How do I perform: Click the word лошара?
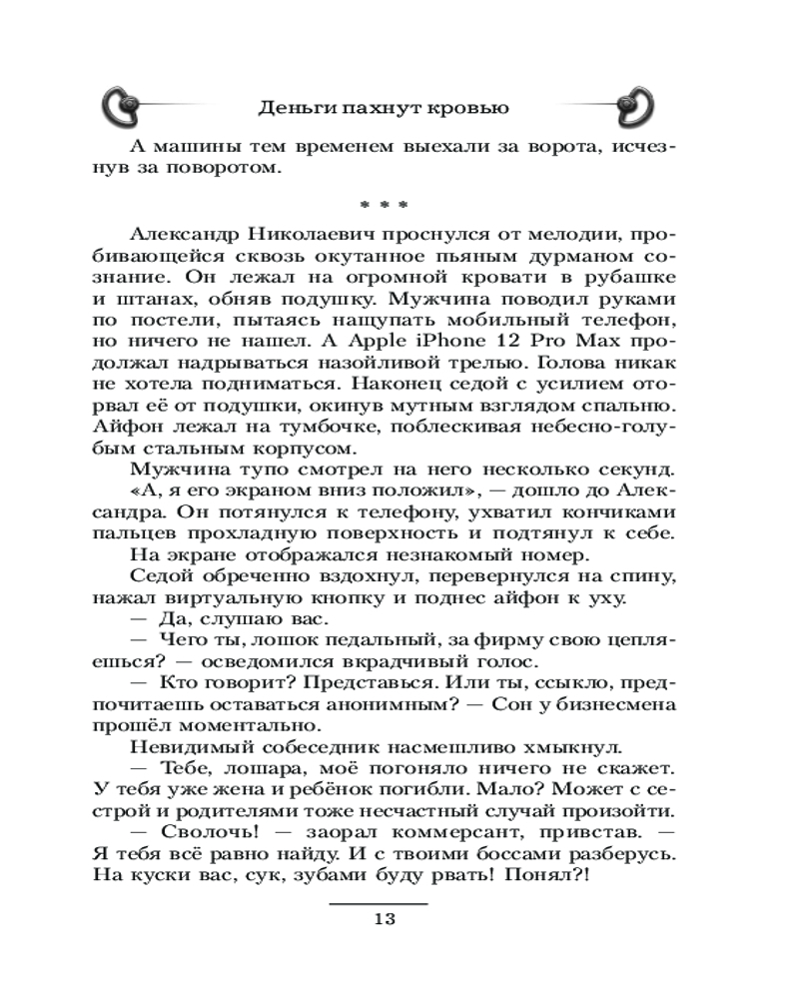point(243,766)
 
